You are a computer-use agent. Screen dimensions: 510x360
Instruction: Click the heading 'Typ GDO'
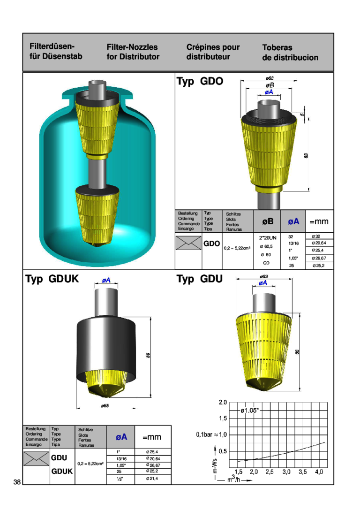200,82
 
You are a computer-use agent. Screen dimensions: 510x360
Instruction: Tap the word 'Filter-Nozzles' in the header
132,47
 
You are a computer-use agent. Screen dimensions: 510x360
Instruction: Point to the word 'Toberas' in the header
277,48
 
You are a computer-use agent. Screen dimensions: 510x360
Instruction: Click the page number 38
17,482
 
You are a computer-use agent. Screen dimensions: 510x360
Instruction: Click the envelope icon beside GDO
187,244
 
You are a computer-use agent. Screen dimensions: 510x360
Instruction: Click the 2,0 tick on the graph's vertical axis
222,403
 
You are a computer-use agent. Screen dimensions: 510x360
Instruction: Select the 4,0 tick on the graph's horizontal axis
319,471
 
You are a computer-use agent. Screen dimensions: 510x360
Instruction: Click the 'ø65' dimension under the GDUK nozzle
105,404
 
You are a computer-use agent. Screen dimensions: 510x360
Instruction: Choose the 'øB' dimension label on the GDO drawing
269,85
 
